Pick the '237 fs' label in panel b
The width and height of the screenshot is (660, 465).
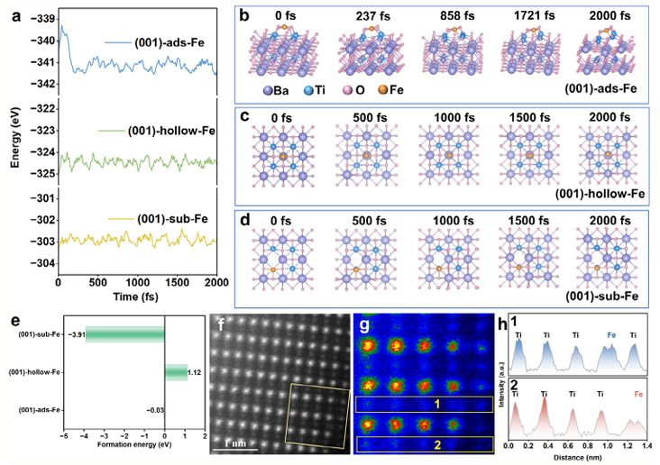click(x=361, y=14)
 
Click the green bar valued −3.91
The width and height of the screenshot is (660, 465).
click(x=125, y=334)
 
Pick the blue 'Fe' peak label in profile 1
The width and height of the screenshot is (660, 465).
click(x=608, y=336)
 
